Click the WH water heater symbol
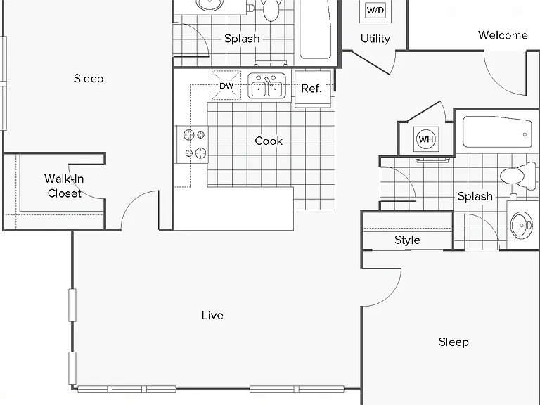pyautogui.click(x=426, y=139)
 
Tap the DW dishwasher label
pyautogui.click(x=226, y=86)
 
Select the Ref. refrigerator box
pyautogui.click(x=313, y=89)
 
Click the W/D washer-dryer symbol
pyautogui.click(x=375, y=11)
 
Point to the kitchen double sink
pyautogui.click(x=267, y=86)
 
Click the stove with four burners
pyautogui.click(x=193, y=144)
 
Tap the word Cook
pyautogui.click(x=269, y=141)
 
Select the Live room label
pyautogui.click(x=212, y=315)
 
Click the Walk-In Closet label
pyautogui.click(x=65, y=186)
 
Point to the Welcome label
pyautogui.click(x=503, y=35)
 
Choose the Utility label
pyautogui.click(x=375, y=39)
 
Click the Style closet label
pyautogui.click(x=407, y=240)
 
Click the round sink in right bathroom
pyautogui.click(x=522, y=225)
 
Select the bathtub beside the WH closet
pyautogui.click(x=497, y=132)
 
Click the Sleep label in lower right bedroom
pyautogui.click(x=454, y=342)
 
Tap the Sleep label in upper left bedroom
pyautogui.click(x=89, y=79)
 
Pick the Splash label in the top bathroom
pyautogui.click(x=242, y=39)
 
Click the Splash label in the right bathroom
pyautogui.click(x=475, y=196)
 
